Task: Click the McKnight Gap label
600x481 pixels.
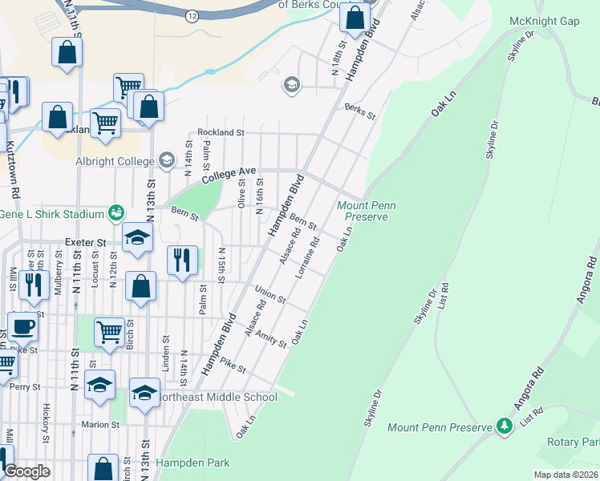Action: [549, 21]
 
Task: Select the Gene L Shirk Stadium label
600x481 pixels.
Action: [53, 214]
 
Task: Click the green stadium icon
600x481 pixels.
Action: [117, 213]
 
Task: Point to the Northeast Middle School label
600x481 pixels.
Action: [216, 397]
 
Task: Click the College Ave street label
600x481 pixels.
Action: [229, 174]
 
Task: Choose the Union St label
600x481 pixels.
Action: [270, 294]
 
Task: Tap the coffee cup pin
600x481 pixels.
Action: [22, 326]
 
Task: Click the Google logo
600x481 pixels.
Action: [26, 471]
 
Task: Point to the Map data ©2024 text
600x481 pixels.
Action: [566, 475]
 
